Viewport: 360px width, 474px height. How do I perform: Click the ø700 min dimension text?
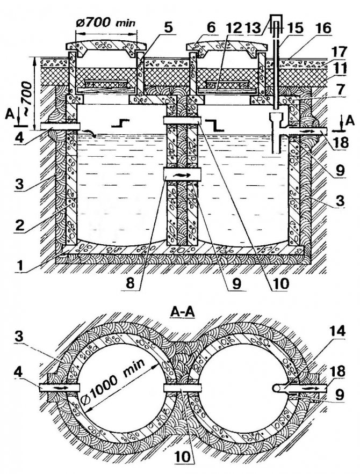click(105, 23)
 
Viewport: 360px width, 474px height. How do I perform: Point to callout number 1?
click(20, 266)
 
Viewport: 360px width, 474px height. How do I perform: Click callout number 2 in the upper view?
click(20, 225)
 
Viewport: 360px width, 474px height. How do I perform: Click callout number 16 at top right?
click(323, 28)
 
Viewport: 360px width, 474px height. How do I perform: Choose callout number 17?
click(339, 52)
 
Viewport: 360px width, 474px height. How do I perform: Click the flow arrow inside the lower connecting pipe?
click(183, 174)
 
